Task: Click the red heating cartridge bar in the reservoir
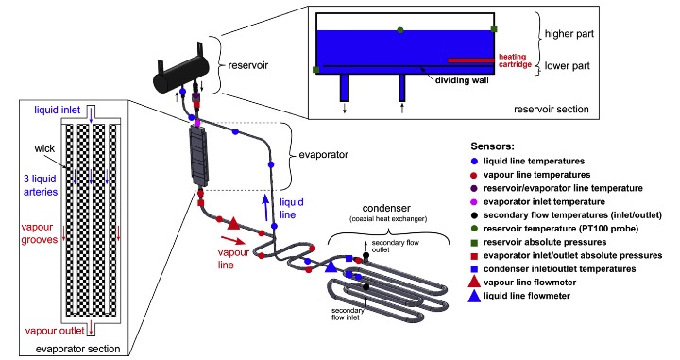[x=470, y=60]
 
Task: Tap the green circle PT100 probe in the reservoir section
[x=400, y=30]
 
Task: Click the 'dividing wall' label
[x=462, y=80]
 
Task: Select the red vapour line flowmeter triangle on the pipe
[x=233, y=223]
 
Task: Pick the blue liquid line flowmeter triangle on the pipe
[x=331, y=266]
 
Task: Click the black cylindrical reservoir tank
[x=180, y=77]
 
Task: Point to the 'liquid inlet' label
[x=58, y=111]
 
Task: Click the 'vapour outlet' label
[x=55, y=331]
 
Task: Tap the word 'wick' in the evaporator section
[x=44, y=148]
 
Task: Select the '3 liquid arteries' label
[x=41, y=185]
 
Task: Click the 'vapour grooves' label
[x=40, y=233]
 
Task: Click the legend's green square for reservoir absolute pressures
[x=474, y=243]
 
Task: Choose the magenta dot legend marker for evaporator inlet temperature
[x=474, y=202]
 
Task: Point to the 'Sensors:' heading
[x=492, y=146]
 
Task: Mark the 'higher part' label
[x=569, y=34]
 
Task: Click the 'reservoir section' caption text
[x=552, y=109]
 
